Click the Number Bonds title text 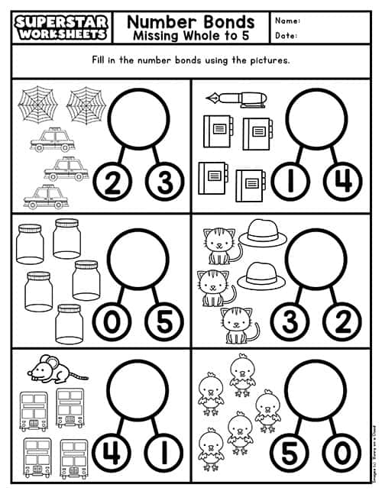190,21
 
